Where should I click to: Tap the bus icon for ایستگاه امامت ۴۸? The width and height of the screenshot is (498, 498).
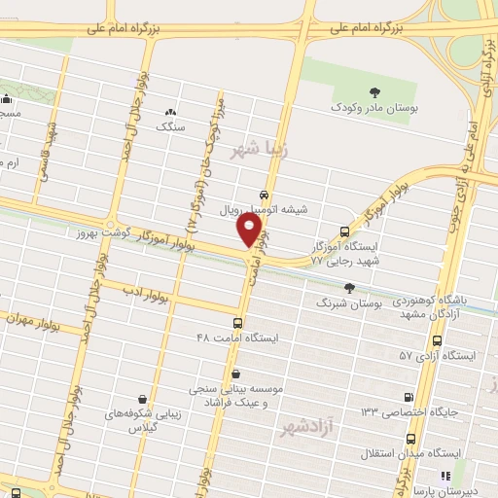point(238,322)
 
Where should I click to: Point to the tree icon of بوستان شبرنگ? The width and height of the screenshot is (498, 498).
point(348,287)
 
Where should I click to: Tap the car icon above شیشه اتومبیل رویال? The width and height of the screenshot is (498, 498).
point(265,195)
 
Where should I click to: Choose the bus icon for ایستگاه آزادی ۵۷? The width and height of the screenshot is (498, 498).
point(437,341)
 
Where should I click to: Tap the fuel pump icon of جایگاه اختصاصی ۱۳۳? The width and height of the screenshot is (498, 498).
point(409,397)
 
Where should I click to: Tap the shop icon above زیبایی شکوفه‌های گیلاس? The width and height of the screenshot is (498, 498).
point(143,398)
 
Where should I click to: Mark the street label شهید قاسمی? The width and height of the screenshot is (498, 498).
point(45,155)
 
